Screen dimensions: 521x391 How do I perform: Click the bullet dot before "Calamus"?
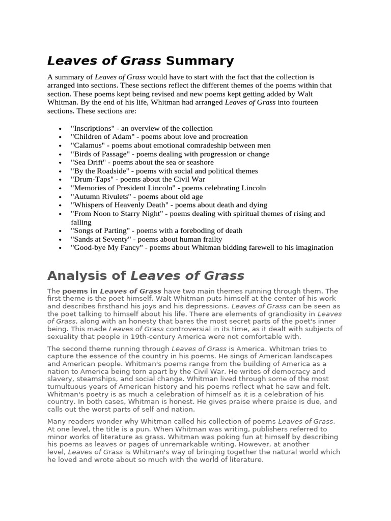pos(61,146)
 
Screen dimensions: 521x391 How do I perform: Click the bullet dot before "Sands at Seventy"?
pos(61,240)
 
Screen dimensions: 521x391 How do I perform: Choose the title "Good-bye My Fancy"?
pos(103,247)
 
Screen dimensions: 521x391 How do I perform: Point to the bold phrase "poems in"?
pos(80,291)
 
